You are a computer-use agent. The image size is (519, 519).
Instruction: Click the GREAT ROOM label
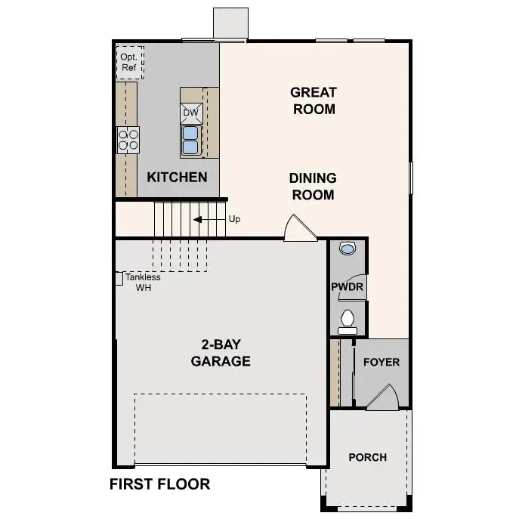tap(314, 100)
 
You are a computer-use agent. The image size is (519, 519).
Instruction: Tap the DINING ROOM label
tap(313, 186)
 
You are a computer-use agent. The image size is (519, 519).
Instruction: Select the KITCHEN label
tap(177, 178)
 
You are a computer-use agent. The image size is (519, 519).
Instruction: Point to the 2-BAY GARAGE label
tap(221, 353)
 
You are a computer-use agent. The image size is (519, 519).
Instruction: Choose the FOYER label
tap(382, 362)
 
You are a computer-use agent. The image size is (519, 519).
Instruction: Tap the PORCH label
tap(367, 457)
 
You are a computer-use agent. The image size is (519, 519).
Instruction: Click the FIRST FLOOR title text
tap(159, 484)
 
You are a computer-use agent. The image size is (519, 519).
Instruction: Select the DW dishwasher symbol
tap(191, 113)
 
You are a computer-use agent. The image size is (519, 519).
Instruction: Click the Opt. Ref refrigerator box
tap(128, 62)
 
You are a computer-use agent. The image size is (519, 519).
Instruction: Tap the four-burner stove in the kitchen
tap(128, 139)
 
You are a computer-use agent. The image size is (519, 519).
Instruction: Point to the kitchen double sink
tap(190, 140)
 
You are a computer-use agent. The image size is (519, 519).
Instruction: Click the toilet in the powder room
tap(347, 322)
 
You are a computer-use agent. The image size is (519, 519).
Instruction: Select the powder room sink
tap(347, 248)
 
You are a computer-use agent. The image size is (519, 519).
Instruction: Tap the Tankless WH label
tap(143, 282)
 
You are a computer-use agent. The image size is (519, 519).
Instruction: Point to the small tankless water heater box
tap(119, 279)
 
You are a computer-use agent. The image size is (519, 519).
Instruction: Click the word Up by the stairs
tap(234, 219)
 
